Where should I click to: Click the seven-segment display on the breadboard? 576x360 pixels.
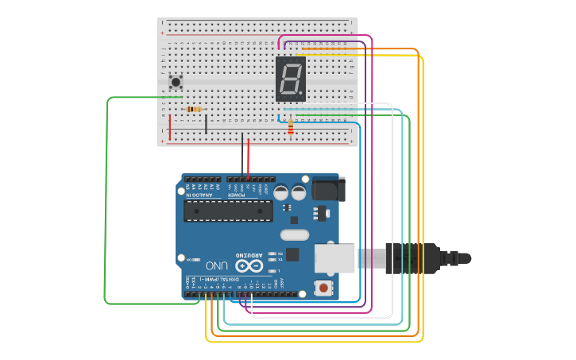pos(290,79)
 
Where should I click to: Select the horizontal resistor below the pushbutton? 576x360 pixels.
pos(193,109)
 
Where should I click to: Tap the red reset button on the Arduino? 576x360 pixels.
pos(323,288)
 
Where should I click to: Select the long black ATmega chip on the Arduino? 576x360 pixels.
pos(228,211)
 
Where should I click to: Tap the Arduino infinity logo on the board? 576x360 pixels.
pos(249,265)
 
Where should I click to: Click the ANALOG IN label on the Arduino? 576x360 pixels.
pos(199,195)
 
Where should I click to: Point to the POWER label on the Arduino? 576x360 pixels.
pos(238,195)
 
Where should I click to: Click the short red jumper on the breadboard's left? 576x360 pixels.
pos(169,126)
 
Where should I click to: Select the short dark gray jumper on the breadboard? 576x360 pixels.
pos(206,124)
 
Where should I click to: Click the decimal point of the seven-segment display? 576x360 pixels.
pos(303,95)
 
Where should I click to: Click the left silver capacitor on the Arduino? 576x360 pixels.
pos(280,192)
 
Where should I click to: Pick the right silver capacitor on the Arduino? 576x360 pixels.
pos(299,192)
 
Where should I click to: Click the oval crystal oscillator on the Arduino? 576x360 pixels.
pos(294,234)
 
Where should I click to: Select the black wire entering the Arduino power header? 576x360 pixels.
pos(242,159)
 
